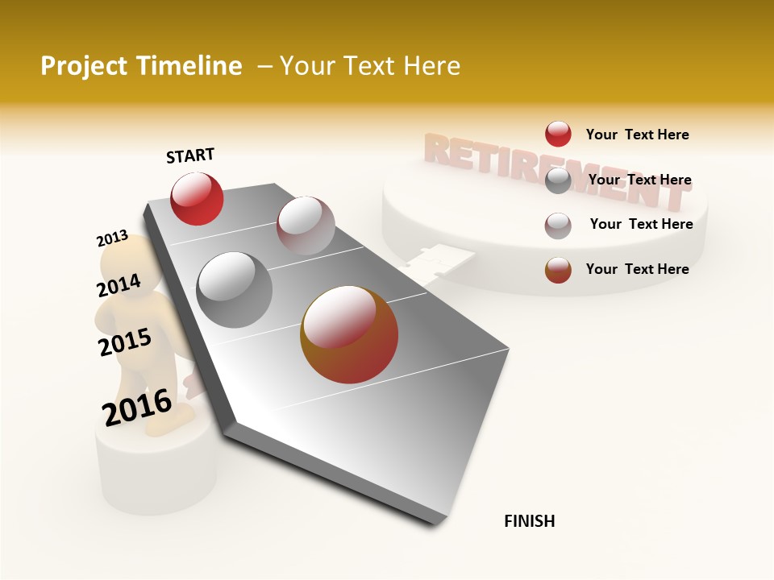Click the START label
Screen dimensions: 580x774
coord(190,155)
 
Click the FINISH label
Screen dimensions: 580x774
coord(530,521)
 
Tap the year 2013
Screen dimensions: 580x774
coord(112,238)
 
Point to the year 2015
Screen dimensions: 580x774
coord(125,342)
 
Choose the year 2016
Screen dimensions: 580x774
coord(137,408)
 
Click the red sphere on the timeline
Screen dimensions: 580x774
coord(197,199)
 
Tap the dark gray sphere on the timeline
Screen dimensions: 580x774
coord(235,290)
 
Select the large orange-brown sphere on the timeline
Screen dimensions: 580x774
coord(349,334)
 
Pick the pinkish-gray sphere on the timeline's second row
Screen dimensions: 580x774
coord(306,225)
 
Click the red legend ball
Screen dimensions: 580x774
coord(558,135)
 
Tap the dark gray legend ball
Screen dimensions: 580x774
coord(558,180)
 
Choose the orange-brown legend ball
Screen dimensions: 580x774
coord(558,270)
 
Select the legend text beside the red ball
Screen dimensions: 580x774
coord(637,135)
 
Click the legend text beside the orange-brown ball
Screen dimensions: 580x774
coord(637,269)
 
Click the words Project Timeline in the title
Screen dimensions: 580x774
coord(141,66)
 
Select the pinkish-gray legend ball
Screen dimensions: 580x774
coord(558,226)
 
